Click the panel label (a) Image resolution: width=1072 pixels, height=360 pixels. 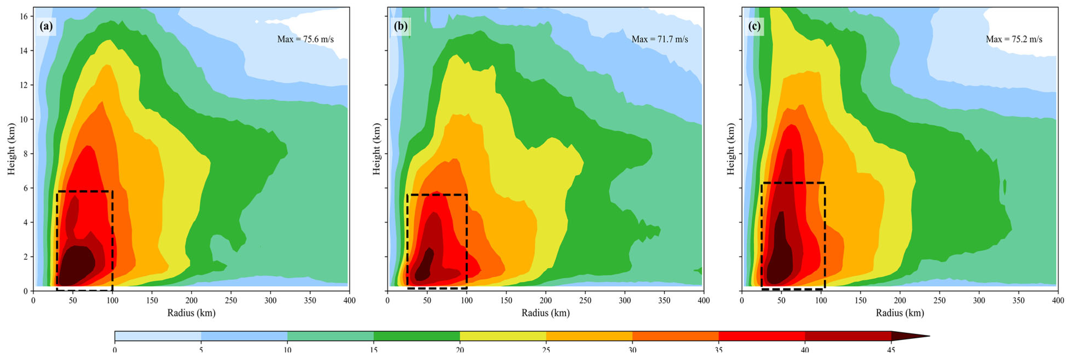(46, 27)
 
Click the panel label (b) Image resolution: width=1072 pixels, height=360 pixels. (400, 27)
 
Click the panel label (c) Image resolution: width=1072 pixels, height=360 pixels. (754, 27)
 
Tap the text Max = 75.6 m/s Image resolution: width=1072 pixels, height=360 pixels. (305, 39)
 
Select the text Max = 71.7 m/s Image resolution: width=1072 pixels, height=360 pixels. (660, 39)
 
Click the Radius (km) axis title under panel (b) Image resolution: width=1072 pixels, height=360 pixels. (546, 313)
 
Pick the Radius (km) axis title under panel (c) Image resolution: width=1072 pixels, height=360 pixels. (900, 313)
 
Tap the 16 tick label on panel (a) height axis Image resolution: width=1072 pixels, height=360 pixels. (24, 16)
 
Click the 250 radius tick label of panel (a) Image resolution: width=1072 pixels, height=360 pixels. (231, 301)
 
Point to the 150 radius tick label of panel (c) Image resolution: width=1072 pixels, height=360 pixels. (860, 301)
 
